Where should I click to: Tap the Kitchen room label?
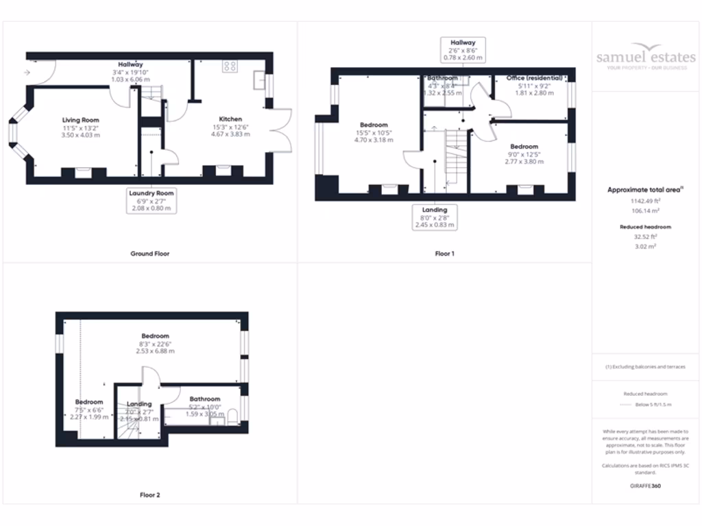(x=230, y=118)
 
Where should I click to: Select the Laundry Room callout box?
(x=152, y=201)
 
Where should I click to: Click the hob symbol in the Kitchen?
(x=230, y=66)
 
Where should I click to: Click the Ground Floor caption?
(x=150, y=253)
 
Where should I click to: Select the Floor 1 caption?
(x=445, y=253)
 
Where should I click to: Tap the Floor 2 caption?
(x=150, y=494)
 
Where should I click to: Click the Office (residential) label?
(x=534, y=78)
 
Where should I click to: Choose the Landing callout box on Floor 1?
(x=435, y=217)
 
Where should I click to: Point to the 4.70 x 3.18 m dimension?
(x=374, y=140)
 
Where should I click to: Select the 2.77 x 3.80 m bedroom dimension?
(x=524, y=162)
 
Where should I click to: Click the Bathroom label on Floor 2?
(x=205, y=399)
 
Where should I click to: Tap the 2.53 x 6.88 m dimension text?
(x=156, y=351)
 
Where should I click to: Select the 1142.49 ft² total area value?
(x=645, y=201)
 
